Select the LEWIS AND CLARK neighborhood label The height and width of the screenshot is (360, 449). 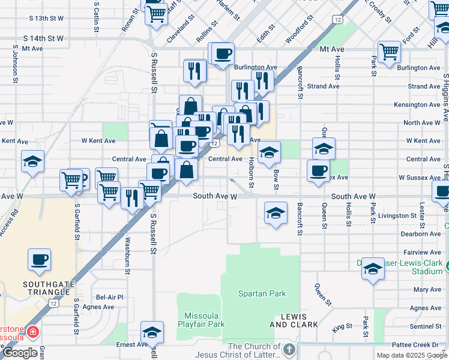[x=288, y=320]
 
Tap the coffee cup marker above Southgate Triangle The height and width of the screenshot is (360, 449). [x=40, y=260]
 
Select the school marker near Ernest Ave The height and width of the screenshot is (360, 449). [x=152, y=332]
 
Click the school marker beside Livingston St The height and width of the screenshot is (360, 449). [x=276, y=213]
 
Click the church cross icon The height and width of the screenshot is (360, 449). [x=289, y=350]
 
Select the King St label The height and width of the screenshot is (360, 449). [x=342, y=327]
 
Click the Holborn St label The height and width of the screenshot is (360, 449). [x=252, y=172]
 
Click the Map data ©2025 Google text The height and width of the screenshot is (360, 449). [x=411, y=355]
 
